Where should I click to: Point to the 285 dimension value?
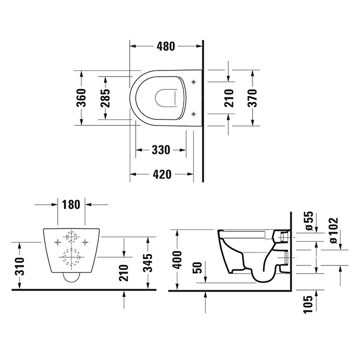tap(105, 97)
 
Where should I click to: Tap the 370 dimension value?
tap(252, 97)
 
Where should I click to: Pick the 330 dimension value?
tap(160, 150)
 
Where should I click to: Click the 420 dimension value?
tap(161, 174)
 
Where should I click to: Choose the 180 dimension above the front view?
tap(71, 204)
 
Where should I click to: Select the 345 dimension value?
tap(149, 263)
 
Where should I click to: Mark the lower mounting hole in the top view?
tap(193, 113)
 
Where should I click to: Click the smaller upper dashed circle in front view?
tap(71, 238)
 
